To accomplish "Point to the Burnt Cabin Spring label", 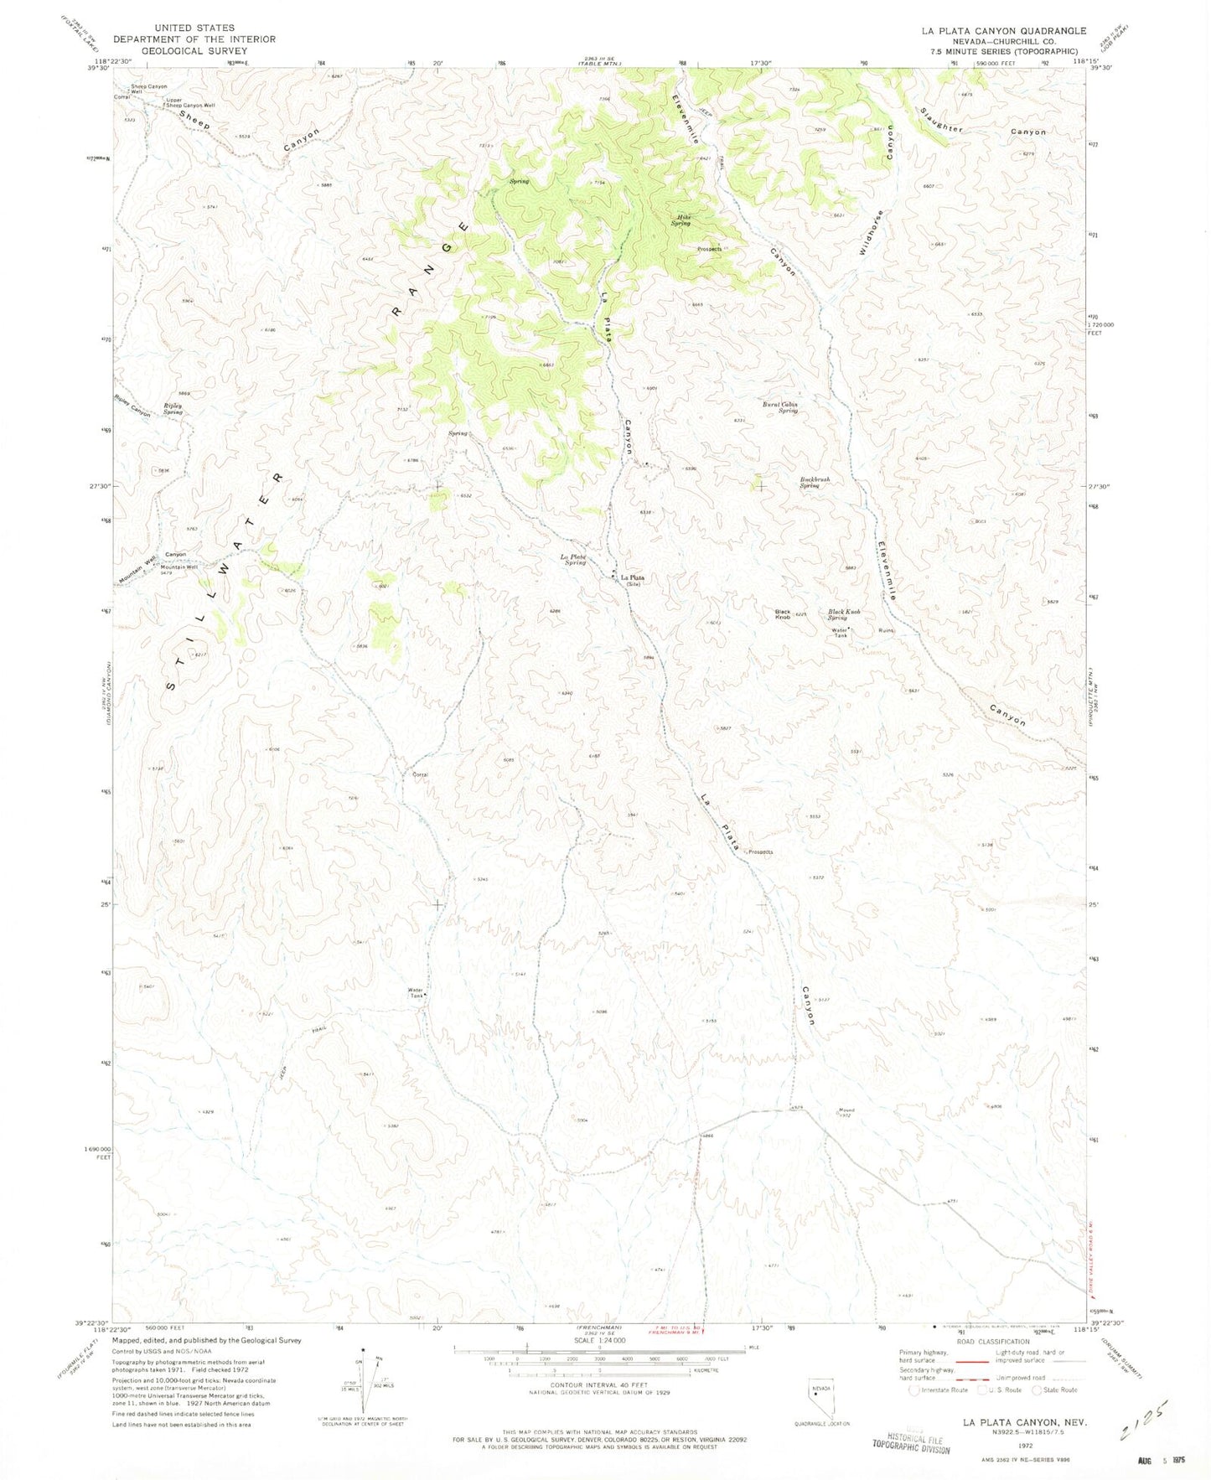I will tap(780, 407).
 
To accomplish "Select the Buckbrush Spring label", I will tap(814, 483).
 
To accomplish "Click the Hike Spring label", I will tap(681, 220).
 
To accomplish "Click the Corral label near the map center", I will tap(420, 774).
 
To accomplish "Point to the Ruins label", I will tap(886, 630).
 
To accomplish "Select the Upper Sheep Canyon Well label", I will tap(190, 103).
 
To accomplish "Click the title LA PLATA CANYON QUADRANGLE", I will tap(1003, 31).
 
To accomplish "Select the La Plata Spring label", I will tap(573, 560).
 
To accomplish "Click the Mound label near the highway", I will tap(846, 1111).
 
